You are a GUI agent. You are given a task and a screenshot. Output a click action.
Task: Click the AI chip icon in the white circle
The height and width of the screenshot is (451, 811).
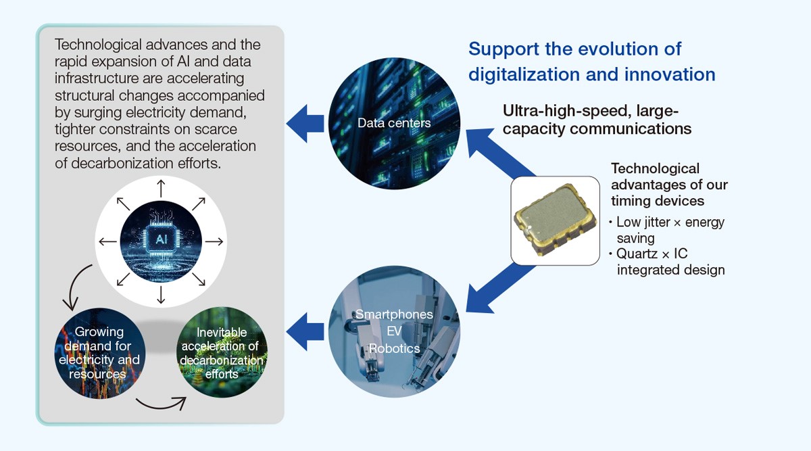click(161, 241)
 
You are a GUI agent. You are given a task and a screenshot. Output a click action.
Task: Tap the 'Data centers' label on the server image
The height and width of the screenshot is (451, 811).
click(394, 123)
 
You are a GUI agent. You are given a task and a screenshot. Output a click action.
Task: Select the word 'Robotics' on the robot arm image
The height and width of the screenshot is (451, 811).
click(394, 348)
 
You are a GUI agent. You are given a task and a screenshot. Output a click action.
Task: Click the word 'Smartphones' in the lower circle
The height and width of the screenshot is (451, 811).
click(394, 314)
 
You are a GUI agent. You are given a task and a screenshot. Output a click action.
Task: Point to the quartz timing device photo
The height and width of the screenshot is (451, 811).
click(555, 220)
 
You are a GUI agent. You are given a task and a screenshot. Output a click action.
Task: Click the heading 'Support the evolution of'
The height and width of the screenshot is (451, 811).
click(575, 49)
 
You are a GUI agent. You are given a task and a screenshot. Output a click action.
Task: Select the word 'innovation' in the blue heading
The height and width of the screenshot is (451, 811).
click(670, 74)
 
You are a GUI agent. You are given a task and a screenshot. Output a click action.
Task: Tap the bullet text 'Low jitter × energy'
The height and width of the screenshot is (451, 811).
click(670, 222)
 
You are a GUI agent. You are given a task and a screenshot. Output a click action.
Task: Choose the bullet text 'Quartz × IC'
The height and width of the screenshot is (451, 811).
click(652, 254)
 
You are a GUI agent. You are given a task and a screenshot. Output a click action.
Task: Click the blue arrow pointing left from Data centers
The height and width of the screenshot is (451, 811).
click(305, 124)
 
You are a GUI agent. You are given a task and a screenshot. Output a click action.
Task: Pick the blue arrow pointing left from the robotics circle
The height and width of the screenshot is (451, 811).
click(305, 332)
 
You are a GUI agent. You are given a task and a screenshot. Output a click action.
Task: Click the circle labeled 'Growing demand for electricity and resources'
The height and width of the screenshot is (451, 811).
click(99, 353)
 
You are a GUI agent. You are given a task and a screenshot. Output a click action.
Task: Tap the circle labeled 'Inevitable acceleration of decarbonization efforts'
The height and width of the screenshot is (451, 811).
click(222, 352)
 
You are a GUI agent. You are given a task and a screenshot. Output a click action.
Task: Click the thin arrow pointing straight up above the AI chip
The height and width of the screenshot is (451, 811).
click(161, 189)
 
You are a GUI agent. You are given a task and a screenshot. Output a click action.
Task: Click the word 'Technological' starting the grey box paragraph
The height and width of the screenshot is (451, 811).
click(98, 45)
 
